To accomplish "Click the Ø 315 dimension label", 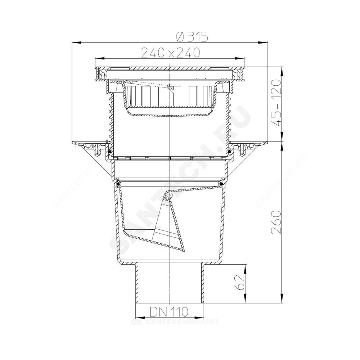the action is [192, 37].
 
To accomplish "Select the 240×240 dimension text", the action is [170, 53].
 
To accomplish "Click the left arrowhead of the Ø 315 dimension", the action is [77, 42].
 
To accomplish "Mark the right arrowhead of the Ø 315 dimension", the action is [263, 42].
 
